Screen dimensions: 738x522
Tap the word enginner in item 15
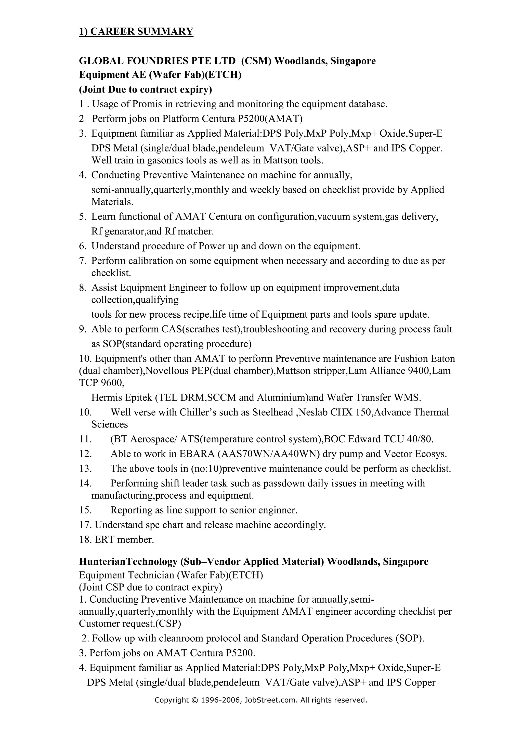pos(278,510)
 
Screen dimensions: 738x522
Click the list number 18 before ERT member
pos(85,540)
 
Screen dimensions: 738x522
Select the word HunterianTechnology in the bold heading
pos(128,562)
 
